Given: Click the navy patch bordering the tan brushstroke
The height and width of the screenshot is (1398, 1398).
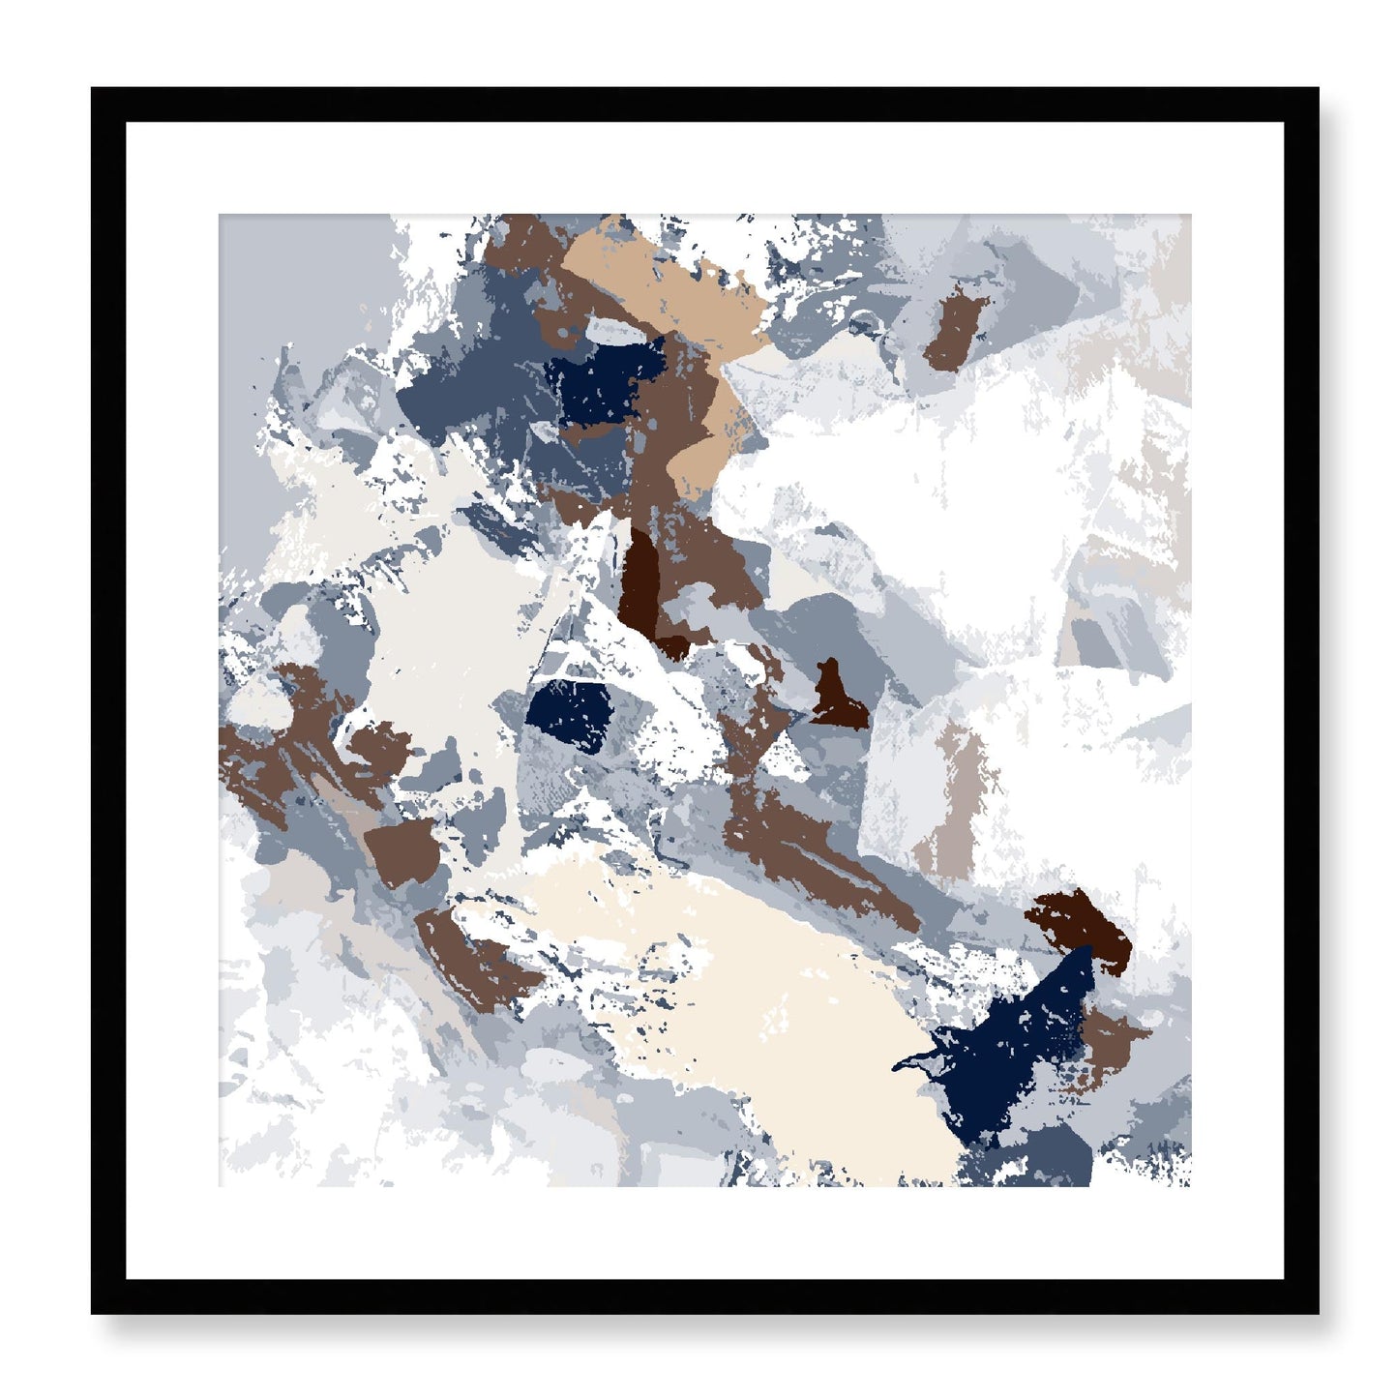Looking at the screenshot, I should pos(602,381).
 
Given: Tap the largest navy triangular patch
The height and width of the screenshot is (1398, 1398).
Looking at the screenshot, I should pos(1016,1055).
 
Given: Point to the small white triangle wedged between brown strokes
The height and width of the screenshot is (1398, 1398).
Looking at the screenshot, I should pos(786,759).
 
